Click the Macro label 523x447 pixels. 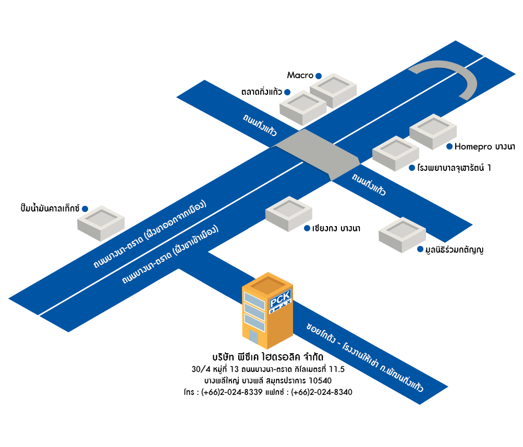pyautogui.click(x=300, y=76)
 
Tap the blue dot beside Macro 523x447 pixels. pyautogui.click(x=319, y=76)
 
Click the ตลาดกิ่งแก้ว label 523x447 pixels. pyautogui.click(x=261, y=92)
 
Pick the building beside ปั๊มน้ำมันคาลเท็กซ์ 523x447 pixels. pyautogui.click(x=101, y=222)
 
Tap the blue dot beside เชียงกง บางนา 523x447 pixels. pyautogui.click(x=307, y=228)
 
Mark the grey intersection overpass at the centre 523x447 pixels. pyautogui.click(x=317, y=153)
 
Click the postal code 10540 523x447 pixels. pyautogui.click(x=319, y=380)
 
